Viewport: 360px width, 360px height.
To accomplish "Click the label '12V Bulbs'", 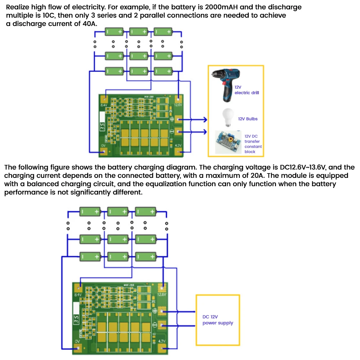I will (248, 119).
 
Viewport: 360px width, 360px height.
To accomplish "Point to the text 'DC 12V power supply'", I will (217, 320).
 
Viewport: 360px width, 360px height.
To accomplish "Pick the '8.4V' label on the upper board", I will (104, 105).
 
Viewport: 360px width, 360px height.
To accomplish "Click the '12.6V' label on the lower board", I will (162, 294).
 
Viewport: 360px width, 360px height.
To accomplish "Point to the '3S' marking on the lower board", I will (76, 319).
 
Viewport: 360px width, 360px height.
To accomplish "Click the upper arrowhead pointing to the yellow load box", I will (205, 120).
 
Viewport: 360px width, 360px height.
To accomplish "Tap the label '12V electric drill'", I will (247, 90).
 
